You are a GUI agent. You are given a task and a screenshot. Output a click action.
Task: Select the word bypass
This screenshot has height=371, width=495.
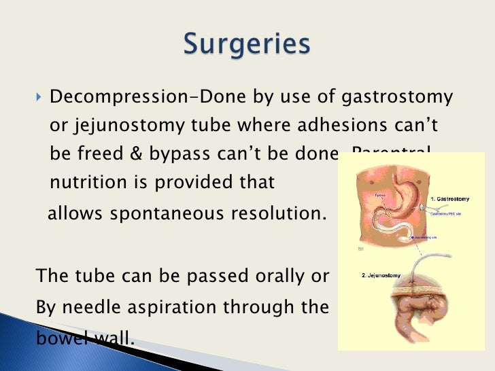(170, 155)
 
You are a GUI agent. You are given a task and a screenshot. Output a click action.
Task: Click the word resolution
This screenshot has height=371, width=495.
(279, 213)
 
